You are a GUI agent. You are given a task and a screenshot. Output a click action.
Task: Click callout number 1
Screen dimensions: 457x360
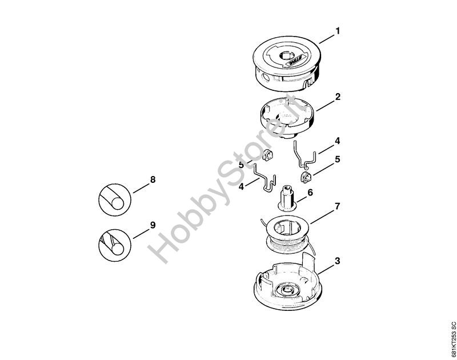point(338,31)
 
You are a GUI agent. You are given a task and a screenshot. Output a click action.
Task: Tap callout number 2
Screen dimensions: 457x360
point(338,97)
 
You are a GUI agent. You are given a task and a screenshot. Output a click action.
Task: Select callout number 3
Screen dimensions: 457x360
point(338,261)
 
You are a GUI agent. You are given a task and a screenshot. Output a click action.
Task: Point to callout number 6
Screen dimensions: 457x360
point(310,193)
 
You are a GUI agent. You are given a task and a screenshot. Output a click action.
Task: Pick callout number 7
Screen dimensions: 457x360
point(337,207)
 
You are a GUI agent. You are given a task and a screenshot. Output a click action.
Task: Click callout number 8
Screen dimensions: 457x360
point(153,179)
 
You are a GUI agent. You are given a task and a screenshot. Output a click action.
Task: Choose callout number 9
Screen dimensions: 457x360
point(153,225)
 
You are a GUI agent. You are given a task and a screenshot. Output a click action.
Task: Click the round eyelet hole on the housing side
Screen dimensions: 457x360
point(266,77)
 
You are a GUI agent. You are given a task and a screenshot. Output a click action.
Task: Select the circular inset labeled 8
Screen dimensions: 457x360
point(115,199)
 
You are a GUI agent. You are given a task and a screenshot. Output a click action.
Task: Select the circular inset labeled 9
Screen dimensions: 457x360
point(115,245)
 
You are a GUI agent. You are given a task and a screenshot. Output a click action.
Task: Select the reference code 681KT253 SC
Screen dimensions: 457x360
point(452,340)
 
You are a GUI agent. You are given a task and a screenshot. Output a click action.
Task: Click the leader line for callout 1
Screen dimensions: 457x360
point(327,39)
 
